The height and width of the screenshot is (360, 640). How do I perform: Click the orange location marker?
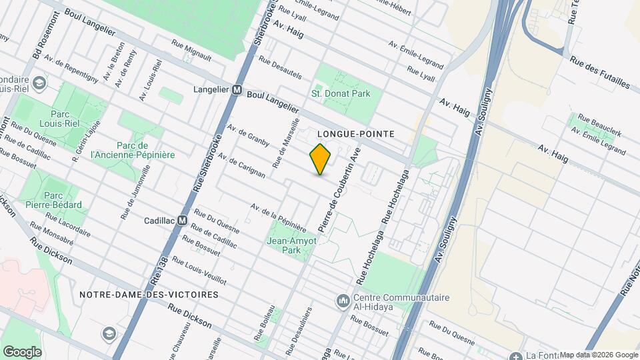pos(320,159)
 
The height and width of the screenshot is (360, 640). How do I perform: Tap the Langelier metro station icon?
pos(236,89)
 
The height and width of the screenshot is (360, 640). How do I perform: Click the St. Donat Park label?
pos(341,94)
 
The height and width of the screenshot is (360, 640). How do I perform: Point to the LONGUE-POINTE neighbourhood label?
pos(356,134)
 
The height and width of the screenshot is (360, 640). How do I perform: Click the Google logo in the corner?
pos(22,351)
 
